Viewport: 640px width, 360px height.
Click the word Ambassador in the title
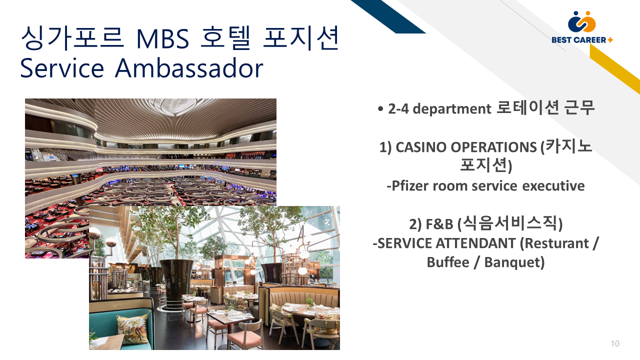pyautogui.click(x=189, y=68)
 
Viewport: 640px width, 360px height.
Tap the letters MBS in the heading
pyautogui.click(x=162, y=38)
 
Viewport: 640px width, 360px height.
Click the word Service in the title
pyautogui.click(x=62, y=68)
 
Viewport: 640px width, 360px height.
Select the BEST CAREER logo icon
pyautogui.click(x=581, y=21)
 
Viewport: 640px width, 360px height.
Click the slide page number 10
pyautogui.click(x=615, y=343)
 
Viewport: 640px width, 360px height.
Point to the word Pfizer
pyautogui.click(x=409, y=186)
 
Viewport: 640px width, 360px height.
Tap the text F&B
pyautogui.click(x=439, y=224)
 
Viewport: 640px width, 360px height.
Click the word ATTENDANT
pyautogui.click(x=475, y=243)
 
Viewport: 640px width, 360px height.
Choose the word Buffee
pyautogui.click(x=448, y=262)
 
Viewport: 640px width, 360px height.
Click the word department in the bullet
pyautogui.click(x=452, y=109)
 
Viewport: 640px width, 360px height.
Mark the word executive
pyautogui.click(x=553, y=186)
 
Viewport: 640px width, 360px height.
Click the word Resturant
pyautogui.click(x=556, y=243)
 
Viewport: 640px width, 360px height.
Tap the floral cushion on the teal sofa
pyautogui.click(x=133, y=328)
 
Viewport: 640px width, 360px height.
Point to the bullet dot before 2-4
pyautogui.click(x=380, y=109)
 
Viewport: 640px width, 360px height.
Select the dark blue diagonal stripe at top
pyautogui.click(x=388, y=16)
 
